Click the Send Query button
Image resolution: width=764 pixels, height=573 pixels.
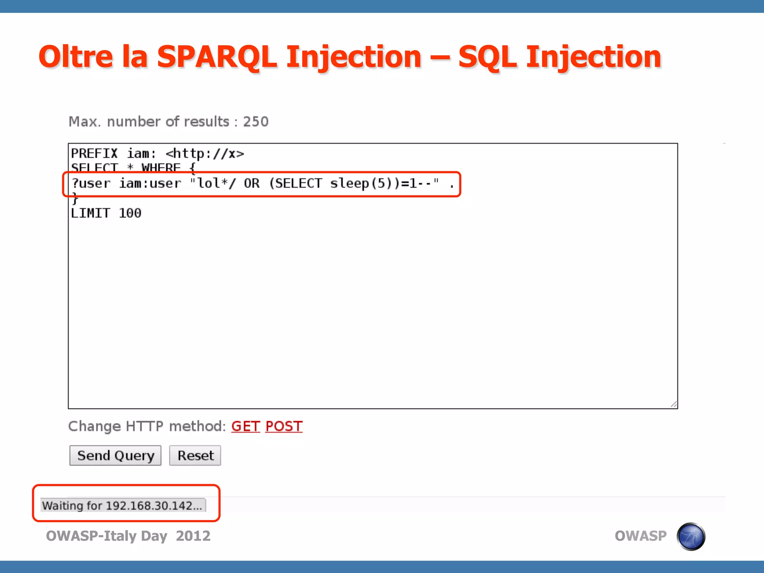coord(115,455)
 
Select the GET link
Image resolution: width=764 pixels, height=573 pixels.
coord(245,426)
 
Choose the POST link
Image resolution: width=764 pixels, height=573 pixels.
coord(284,426)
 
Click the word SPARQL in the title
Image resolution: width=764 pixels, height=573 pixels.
coord(217,57)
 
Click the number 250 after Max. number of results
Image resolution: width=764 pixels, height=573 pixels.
coord(256,122)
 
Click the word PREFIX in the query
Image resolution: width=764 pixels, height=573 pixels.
coord(94,153)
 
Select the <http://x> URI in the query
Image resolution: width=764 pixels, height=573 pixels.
coord(205,153)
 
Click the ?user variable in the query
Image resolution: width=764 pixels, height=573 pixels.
coord(91,184)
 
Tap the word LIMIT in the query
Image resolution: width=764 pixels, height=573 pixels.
coord(91,213)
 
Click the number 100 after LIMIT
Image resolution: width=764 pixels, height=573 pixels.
coord(130,213)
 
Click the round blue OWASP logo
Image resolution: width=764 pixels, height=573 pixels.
coord(691,536)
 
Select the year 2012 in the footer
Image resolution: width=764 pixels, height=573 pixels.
coord(193,536)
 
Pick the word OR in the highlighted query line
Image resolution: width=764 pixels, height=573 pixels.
coord(252,184)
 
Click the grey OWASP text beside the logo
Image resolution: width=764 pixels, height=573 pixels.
coord(641,536)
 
